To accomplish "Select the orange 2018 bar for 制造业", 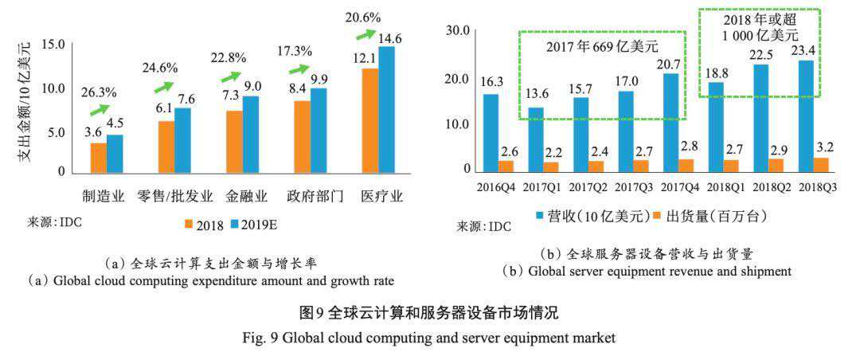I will point(98,158).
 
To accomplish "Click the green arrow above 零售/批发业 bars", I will point(165,86).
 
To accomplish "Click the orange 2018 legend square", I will point(190,224).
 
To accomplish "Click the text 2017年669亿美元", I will point(602,47).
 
